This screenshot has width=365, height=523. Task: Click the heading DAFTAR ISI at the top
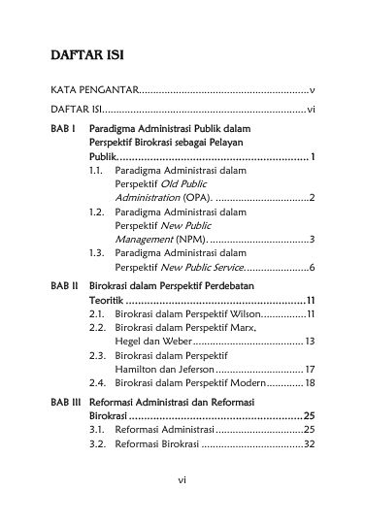pyautogui.click(x=86, y=51)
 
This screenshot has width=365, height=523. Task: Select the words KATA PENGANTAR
pyautogui.click(x=95, y=89)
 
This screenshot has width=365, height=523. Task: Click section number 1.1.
pyautogui.click(x=96, y=170)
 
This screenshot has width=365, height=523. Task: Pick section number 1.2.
pyautogui.click(x=96, y=211)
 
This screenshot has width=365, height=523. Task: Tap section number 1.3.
pyautogui.click(x=96, y=251)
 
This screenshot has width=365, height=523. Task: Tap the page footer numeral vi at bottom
pyautogui.click(x=182, y=479)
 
